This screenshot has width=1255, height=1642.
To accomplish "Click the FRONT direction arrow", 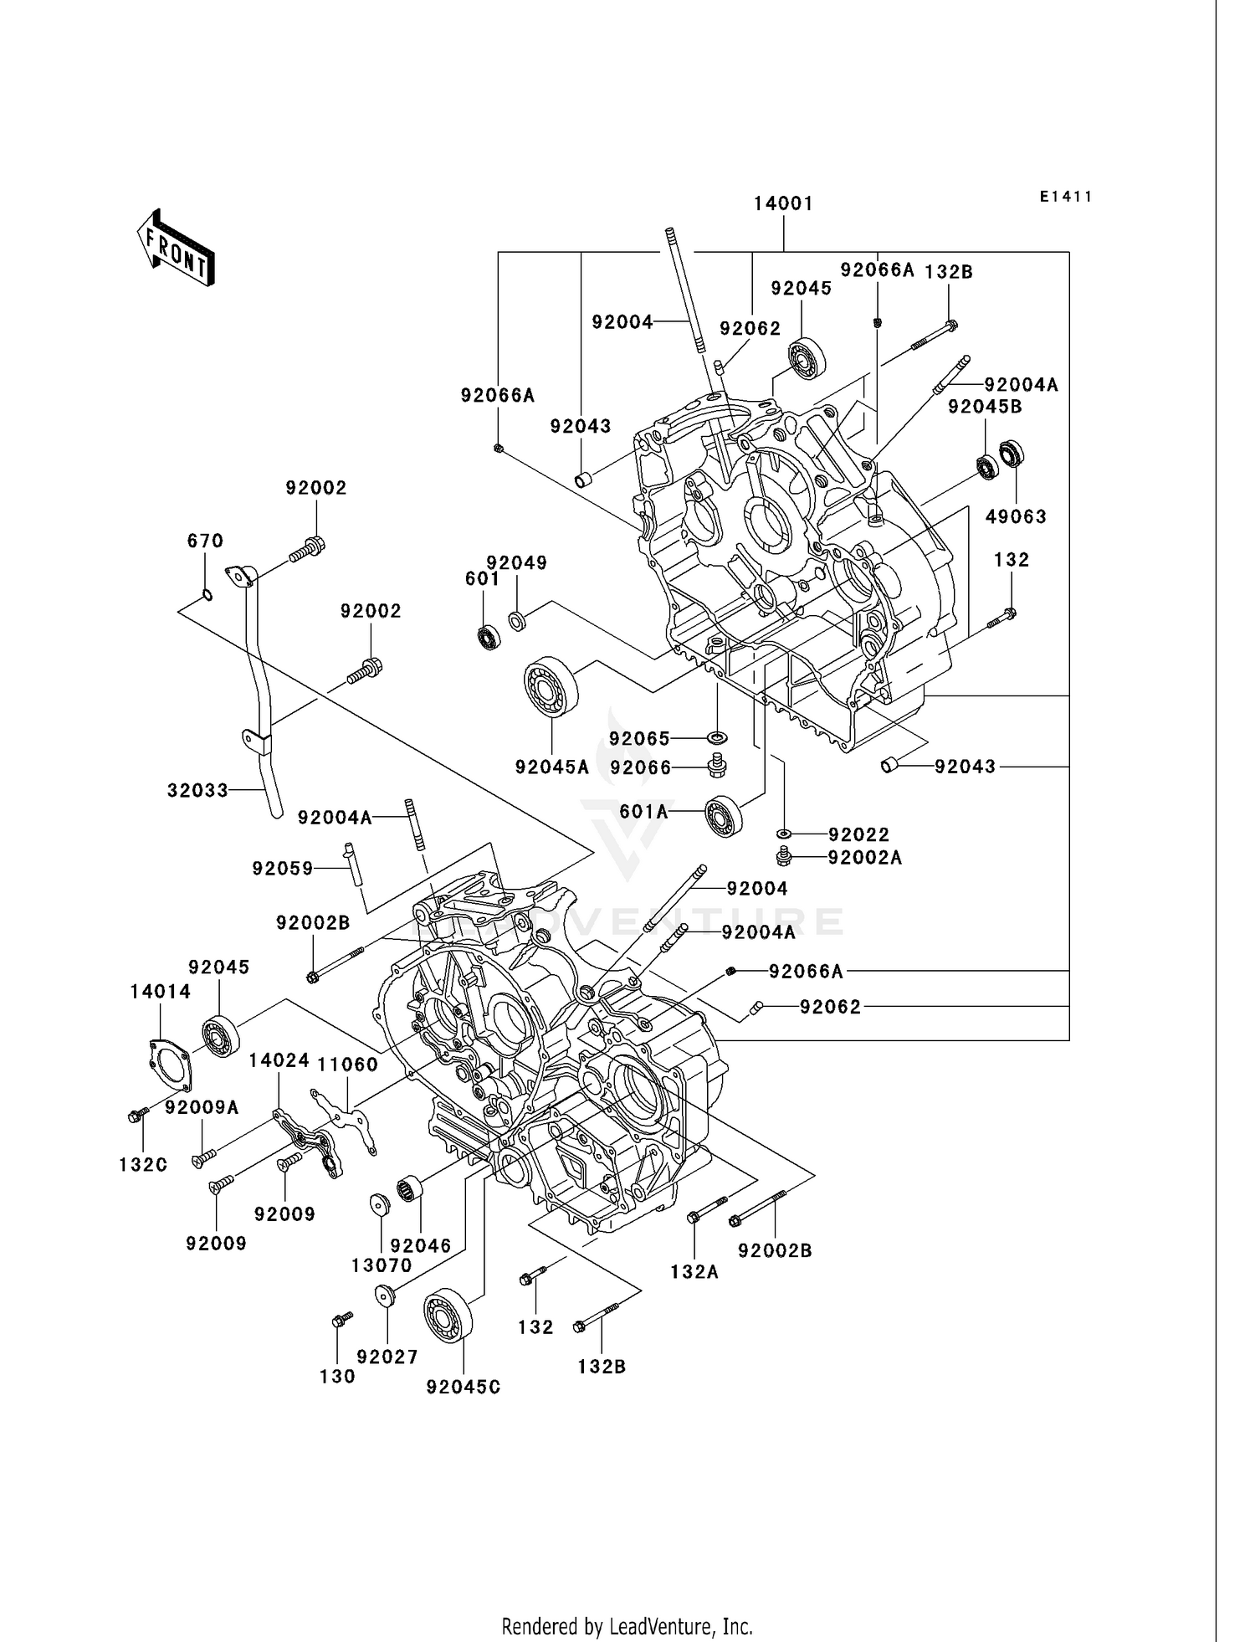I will click(x=176, y=249).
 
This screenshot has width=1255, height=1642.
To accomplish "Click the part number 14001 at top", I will click(x=783, y=203).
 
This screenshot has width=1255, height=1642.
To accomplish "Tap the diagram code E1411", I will click(x=1066, y=197).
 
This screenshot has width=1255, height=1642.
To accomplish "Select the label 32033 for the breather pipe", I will click(x=197, y=790).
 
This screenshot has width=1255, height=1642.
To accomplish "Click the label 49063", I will click(x=1016, y=516).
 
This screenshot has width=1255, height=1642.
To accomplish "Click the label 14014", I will click(x=161, y=991).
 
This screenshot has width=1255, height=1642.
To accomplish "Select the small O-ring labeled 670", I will click(x=207, y=595).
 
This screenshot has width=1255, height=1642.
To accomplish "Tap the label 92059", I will click(x=283, y=869).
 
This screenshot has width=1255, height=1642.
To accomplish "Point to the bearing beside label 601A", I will click(x=725, y=814).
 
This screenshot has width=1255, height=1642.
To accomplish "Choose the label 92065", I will click(x=639, y=738).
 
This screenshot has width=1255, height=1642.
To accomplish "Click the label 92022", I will click(x=858, y=834).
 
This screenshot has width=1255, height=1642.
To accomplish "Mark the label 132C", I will click(x=143, y=1164).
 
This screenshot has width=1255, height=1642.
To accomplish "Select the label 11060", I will click(x=347, y=1064).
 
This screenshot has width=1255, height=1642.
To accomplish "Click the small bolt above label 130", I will click(x=341, y=1321).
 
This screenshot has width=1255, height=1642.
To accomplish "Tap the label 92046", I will click(x=420, y=1245).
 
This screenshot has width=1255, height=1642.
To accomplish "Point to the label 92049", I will click(x=517, y=562).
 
